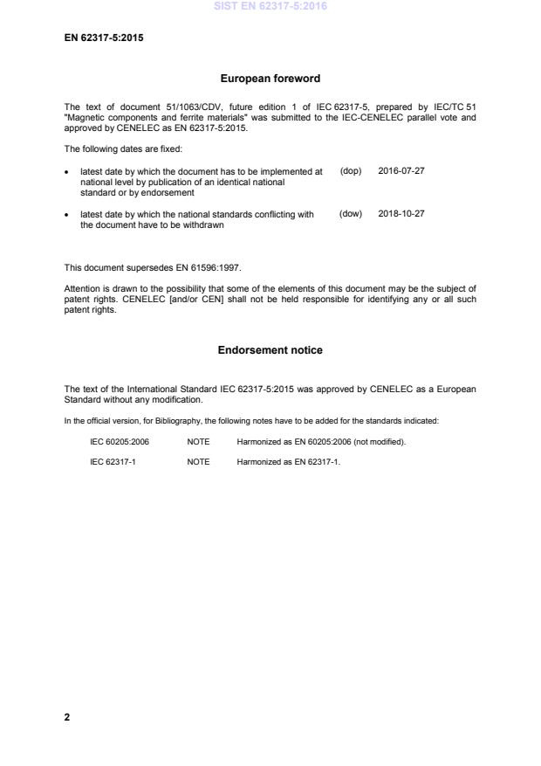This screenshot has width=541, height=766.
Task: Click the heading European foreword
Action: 270,79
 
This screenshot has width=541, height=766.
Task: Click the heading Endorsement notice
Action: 270,350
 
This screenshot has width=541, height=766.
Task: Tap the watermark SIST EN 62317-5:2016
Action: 270,7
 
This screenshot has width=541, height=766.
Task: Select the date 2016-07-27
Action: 401,170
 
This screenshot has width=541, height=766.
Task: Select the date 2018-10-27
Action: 401,214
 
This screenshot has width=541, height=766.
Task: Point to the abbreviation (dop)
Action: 351,170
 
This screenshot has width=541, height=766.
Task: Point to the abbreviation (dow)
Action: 351,214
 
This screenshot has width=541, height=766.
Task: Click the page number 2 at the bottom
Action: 67,717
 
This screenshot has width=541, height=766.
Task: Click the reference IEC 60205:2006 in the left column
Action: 120,442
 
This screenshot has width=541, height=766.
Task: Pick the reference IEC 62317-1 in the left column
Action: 113,462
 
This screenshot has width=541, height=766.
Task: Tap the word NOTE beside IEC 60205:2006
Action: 198,442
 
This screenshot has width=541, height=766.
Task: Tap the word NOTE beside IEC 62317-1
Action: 198,462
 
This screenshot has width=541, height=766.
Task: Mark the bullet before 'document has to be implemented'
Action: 68,171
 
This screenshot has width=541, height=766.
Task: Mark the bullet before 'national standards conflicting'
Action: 68,215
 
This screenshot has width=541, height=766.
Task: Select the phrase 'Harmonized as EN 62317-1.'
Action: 288,462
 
